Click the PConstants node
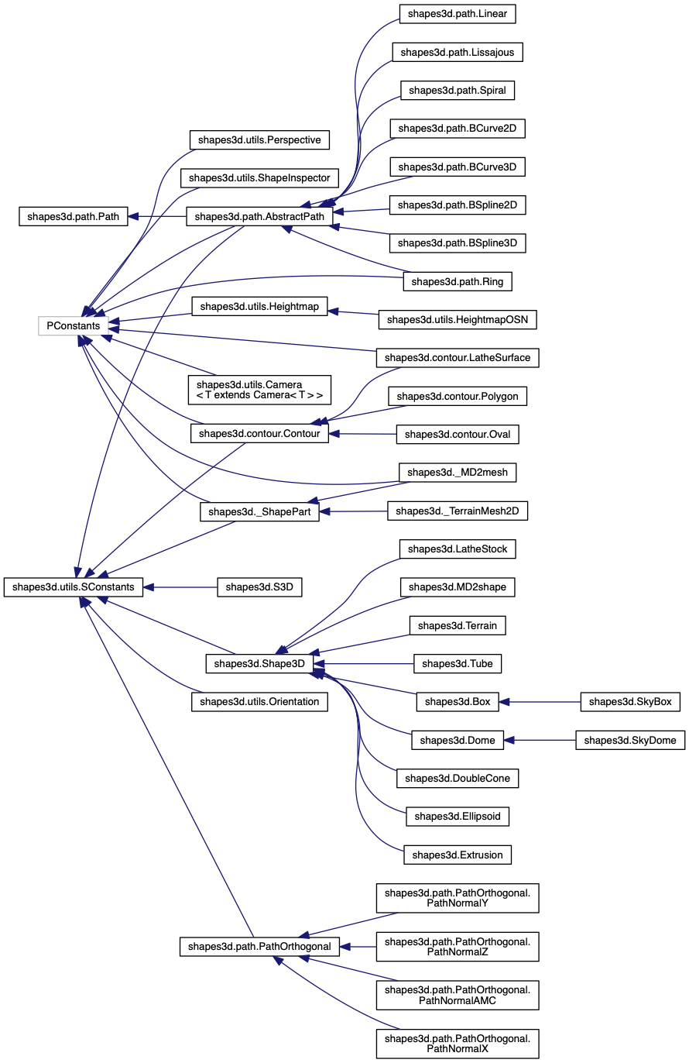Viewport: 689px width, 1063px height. [74, 326]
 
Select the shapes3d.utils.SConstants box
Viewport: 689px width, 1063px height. [74, 587]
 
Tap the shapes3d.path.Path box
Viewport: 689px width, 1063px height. [73, 217]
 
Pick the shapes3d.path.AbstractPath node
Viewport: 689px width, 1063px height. [260, 217]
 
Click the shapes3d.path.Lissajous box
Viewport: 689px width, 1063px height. [458, 53]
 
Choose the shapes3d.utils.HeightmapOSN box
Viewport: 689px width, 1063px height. [458, 319]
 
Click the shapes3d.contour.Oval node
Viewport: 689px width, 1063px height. [458, 435]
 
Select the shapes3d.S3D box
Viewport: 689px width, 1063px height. [259, 587]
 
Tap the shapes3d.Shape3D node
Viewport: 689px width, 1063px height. [259, 664]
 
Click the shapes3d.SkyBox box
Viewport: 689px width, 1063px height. [630, 702]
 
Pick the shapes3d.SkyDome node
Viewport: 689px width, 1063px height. [630, 741]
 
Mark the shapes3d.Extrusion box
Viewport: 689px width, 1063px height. [458, 855]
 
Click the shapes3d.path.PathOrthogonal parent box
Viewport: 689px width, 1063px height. [259, 947]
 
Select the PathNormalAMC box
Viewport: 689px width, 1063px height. [457, 995]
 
